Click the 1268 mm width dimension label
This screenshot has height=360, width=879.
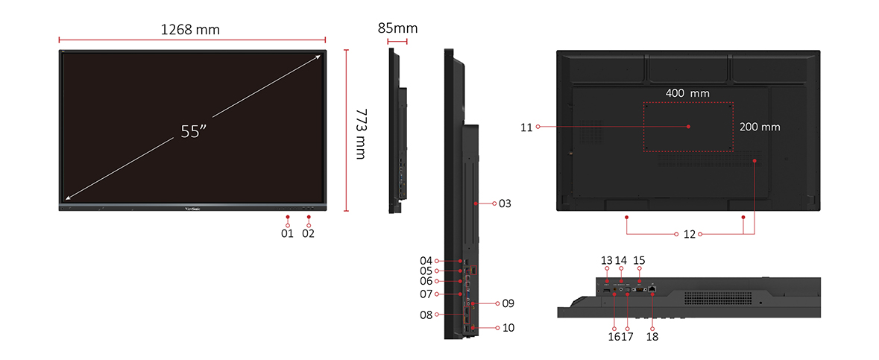click(191, 30)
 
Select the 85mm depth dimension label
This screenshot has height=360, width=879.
click(397, 28)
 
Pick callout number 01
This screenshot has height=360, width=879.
click(288, 233)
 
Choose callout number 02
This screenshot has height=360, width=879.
click(309, 233)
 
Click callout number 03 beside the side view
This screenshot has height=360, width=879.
click(505, 203)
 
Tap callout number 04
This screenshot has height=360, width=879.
click(426, 261)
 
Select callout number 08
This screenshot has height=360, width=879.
click(426, 315)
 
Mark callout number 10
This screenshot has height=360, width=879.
click(508, 327)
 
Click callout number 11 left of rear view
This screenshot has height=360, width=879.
click(526, 127)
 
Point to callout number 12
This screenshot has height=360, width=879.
click(689, 234)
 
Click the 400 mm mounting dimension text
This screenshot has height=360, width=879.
click(687, 93)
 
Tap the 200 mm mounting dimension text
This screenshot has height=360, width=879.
click(760, 127)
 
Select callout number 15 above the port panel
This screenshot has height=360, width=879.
click(639, 260)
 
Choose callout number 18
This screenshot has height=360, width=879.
click(652, 336)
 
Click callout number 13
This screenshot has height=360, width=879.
click(606, 260)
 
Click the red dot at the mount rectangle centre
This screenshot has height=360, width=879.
click(688, 127)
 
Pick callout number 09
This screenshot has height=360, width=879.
click(508, 303)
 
